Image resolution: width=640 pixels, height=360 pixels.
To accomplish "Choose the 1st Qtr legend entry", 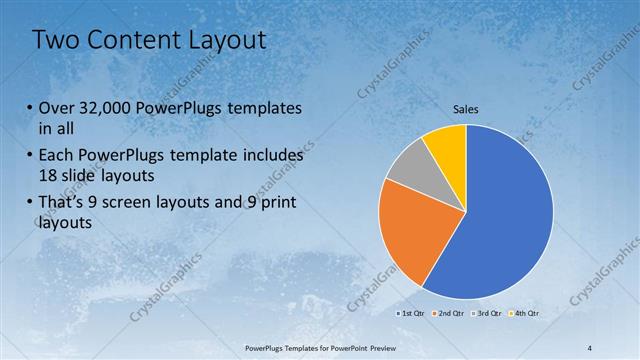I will (411, 314).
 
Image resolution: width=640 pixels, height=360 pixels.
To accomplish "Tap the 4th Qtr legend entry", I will (524, 314).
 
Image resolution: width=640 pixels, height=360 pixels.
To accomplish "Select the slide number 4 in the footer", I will (590, 348).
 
